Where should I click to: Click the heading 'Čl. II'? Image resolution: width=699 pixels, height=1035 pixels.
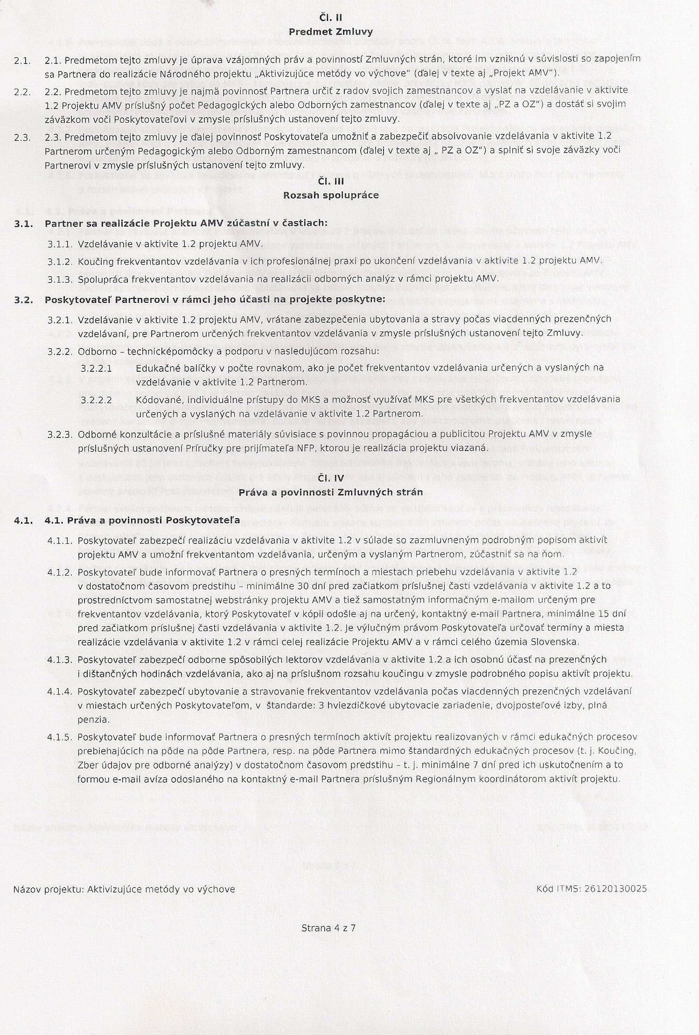tap(331, 18)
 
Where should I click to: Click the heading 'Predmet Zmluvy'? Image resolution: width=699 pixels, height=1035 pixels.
tap(331, 32)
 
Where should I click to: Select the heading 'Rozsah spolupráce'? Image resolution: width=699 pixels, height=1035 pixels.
tap(331, 195)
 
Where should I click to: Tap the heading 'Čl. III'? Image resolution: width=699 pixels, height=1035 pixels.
tap(331, 181)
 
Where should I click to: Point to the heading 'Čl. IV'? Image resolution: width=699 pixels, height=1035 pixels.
tap(331, 478)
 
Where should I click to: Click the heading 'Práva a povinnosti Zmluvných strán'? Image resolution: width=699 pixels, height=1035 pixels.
tap(331, 492)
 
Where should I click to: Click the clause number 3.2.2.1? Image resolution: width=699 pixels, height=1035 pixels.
tap(96, 368)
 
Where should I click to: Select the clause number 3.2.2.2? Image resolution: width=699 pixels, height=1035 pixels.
tap(96, 400)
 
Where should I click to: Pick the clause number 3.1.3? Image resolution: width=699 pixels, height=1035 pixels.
tap(60, 279)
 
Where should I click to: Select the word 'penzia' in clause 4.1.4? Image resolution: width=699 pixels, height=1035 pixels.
tap(93, 720)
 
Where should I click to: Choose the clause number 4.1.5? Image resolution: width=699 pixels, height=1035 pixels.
tap(60, 737)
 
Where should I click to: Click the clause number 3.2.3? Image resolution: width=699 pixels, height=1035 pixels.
tap(60, 434)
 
